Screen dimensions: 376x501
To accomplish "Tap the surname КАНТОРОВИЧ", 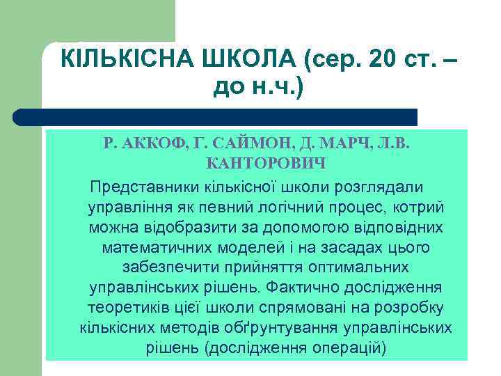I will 267,164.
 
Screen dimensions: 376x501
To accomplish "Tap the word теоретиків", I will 132,308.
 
